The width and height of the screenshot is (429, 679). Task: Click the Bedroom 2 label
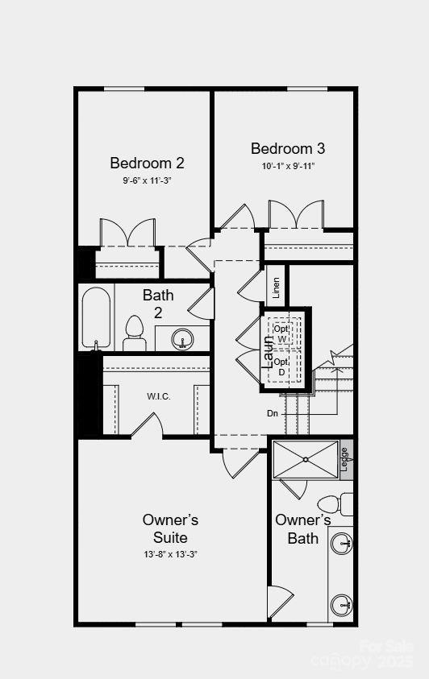pos(147,164)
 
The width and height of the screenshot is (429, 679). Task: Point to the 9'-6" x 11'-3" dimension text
pos(147,181)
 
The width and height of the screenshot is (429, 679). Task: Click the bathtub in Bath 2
pos(95,317)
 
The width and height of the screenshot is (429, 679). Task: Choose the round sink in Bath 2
pos(183,338)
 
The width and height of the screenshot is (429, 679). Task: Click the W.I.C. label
pos(158,396)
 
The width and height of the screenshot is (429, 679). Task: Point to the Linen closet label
pos(277,288)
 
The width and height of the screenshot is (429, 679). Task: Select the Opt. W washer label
pos(281,333)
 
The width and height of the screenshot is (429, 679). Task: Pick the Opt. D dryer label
pos(281,366)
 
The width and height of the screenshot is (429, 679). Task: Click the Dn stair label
pos(273,413)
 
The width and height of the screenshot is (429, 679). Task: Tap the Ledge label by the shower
pos(345,459)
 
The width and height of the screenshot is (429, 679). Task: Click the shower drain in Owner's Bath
pos(306,460)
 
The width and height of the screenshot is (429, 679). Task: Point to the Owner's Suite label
pos(170,528)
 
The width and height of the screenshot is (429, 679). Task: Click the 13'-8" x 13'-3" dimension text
pos(170,554)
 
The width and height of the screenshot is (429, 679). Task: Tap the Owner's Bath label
pos(302,528)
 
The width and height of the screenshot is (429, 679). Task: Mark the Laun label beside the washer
pos(269,351)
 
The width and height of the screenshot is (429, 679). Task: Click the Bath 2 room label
pos(158,304)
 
